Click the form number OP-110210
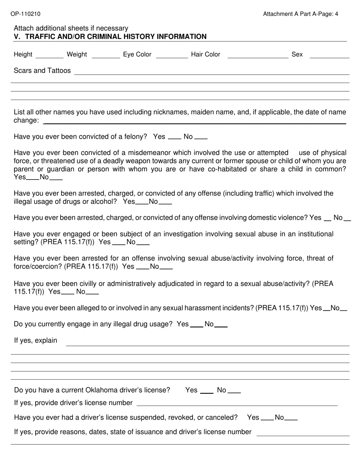click(x=25, y=14)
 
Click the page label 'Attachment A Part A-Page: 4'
click(x=301, y=14)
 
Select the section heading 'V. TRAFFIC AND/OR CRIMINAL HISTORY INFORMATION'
click(x=110, y=37)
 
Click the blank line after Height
click(x=49, y=56)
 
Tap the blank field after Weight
click(x=106, y=56)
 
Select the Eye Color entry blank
click(x=172, y=56)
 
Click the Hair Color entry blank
click(x=258, y=56)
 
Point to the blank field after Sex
click(x=329, y=56)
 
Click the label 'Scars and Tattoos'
click(x=42, y=70)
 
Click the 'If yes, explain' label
click(x=36, y=341)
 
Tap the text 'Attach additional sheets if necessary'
click(x=71, y=28)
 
